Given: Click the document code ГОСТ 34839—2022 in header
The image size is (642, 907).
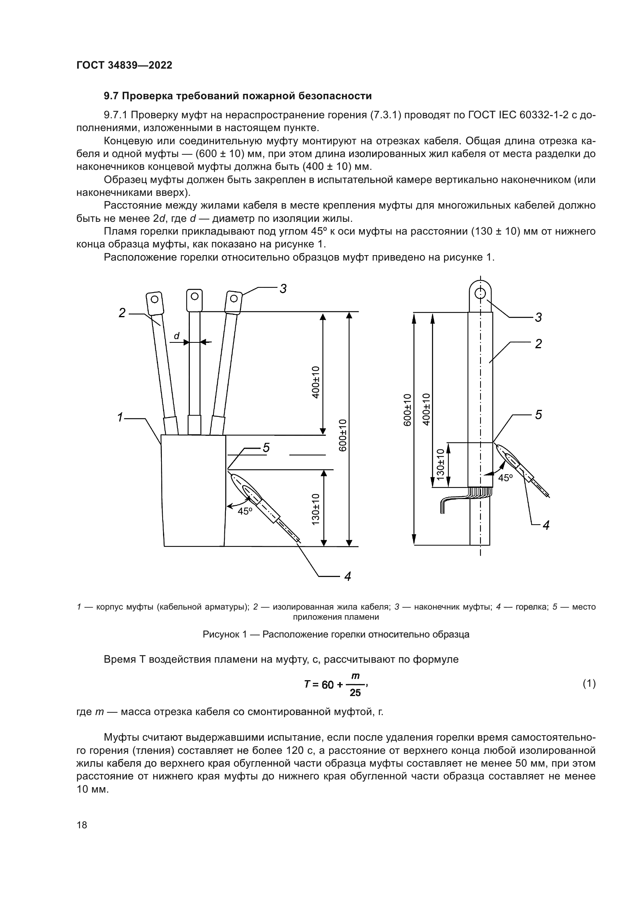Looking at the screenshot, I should [x=124, y=65].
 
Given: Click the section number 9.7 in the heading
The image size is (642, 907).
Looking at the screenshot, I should [x=111, y=96].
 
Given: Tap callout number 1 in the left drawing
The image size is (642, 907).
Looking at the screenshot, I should [x=120, y=417].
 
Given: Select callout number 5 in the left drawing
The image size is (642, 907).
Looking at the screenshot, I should [x=266, y=447].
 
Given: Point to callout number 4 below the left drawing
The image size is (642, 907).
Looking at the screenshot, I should [x=347, y=577].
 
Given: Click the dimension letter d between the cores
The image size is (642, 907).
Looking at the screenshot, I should [x=177, y=336].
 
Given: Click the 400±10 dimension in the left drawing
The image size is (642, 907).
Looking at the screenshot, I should [x=316, y=382].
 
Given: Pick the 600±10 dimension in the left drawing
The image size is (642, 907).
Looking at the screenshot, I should [x=343, y=435].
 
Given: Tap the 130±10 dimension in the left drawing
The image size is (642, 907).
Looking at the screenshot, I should [x=316, y=509].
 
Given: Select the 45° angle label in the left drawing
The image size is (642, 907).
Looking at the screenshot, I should [x=245, y=511].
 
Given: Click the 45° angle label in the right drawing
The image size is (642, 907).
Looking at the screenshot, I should [x=505, y=478].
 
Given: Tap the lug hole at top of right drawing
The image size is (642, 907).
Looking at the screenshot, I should [x=480, y=293].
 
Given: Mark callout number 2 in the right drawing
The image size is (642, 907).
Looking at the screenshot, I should [x=538, y=344].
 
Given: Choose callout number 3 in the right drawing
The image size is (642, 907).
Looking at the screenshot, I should [x=538, y=317].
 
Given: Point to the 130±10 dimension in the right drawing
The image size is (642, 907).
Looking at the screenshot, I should [x=440, y=465].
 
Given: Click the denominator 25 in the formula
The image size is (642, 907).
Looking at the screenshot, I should [x=355, y=693].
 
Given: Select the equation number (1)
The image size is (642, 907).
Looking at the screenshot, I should [x=589, y=683].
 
